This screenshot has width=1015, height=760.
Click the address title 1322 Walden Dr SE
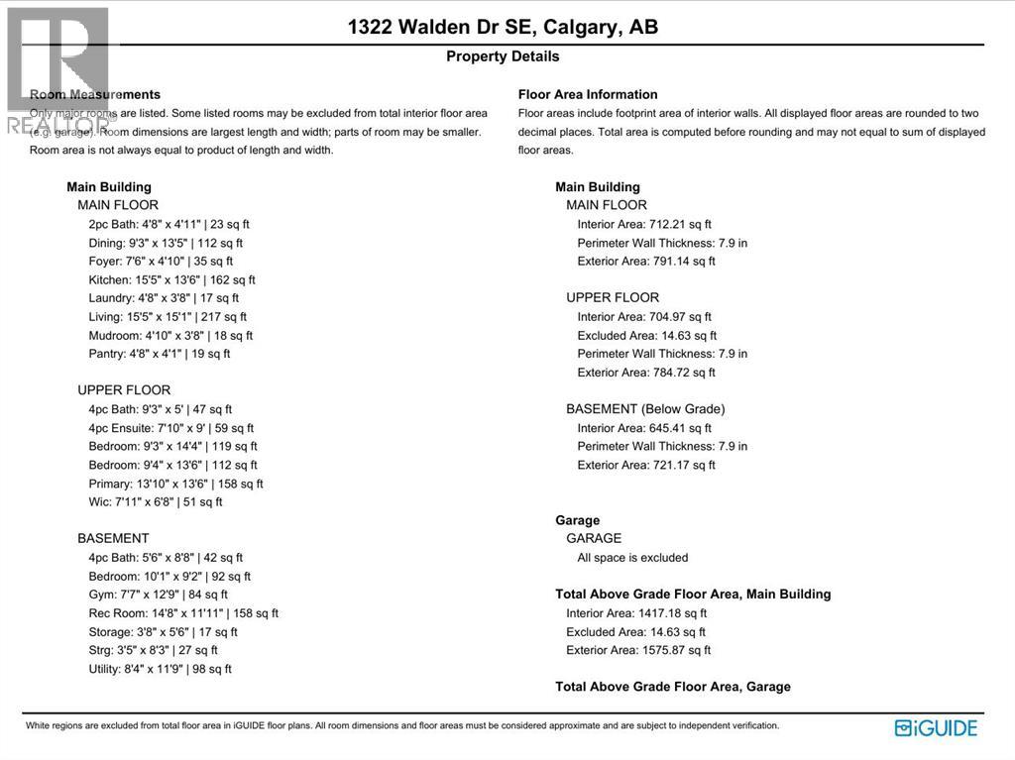tap(503, 27)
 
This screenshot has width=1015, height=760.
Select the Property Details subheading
tap(503, 56)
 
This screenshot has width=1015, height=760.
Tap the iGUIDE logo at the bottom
tap(936, 728)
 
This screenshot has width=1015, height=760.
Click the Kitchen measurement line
tap(171, 279)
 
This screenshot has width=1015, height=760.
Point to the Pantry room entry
tap(159, 353)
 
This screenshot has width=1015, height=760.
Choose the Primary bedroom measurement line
tap(175, 484)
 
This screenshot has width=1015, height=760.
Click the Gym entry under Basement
tap(158, 595)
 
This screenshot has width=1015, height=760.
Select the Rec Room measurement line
tap(183, 613)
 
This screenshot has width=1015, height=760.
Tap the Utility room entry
tap(160, 669)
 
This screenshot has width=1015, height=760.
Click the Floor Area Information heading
tap(588, 95)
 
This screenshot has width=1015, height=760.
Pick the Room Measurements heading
tap(95, 95)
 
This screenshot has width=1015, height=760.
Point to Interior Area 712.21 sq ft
tap(644, 224)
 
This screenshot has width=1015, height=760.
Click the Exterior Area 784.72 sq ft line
tap(646, 373)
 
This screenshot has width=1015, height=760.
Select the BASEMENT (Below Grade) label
tap(645, 409)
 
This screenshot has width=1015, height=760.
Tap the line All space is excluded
tap(632, 557)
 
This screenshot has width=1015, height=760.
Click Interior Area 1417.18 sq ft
tap(635, 613)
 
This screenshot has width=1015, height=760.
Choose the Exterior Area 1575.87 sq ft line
tap(638, 650)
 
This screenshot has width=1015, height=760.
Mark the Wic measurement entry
tap(156, 501)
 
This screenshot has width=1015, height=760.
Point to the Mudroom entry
tap(170, 335)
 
